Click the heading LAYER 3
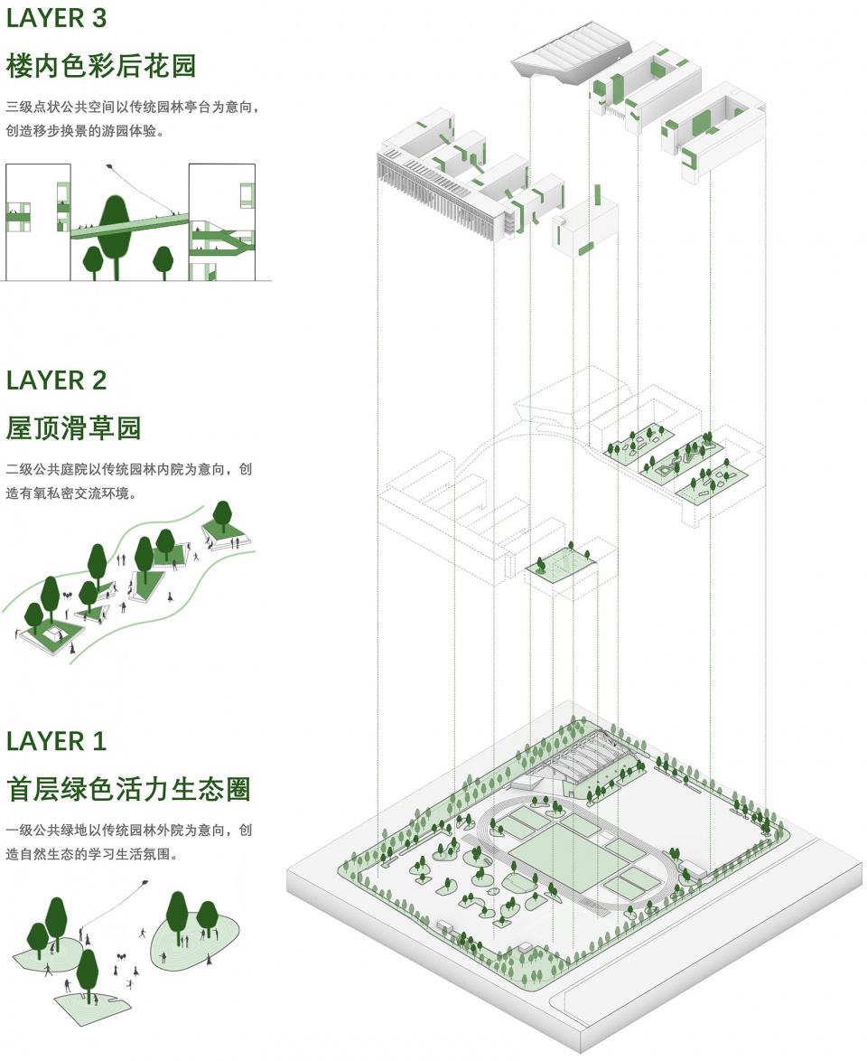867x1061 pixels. [56, 19]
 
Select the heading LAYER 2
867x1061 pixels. [56, 380]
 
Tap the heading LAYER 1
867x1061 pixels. [56, 741]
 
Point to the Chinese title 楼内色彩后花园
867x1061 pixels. [100, 66]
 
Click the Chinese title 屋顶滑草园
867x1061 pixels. [74, 427]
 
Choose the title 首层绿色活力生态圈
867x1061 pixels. [127, 789]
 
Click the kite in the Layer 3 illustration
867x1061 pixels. [111, 167]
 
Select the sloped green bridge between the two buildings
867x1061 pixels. [126, 223]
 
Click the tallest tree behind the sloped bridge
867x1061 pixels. [115, 226]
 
